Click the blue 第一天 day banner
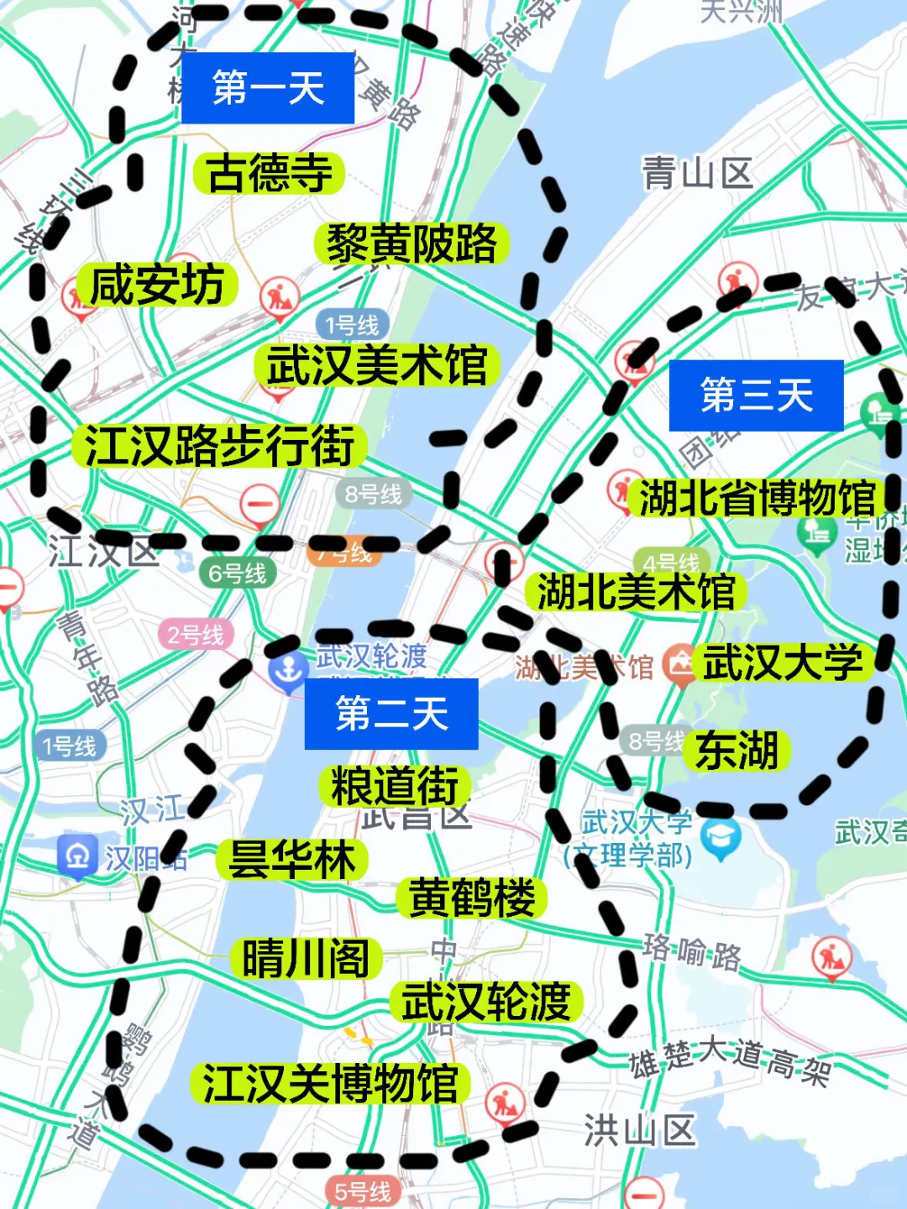pos(268,88)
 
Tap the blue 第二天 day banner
pos(391,714)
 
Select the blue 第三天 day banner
pos(756,395)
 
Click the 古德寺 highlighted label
pos(270,174)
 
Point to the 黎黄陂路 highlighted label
pos(412,244)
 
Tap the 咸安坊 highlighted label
pos(157,285)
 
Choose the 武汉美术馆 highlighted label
pos(377,366)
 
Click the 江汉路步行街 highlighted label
pos(219,445)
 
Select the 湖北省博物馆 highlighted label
pos(757,499)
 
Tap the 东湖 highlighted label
pos(737,750)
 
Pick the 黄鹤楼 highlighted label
pos(471,898)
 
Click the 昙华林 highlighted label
pos(292,860)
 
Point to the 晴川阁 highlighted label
pos(307,958)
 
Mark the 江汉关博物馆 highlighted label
pos(330,1083)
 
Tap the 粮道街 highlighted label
pos(395,787)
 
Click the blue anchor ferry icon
pos(289,672)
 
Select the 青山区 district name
pos(697,174)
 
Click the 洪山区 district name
pos(640,1130)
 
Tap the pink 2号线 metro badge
pos(196,635)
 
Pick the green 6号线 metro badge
pos(237,573)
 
